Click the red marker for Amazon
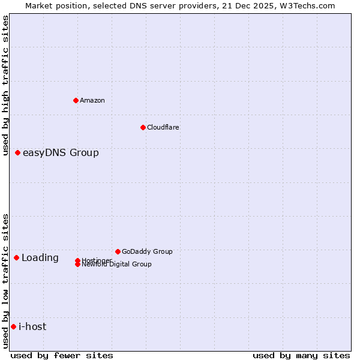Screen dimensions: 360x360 coord(76,100)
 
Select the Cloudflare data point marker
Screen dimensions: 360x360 coord(143,127)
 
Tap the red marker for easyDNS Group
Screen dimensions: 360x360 coord(18,153)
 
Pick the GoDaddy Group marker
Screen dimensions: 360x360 coord(118,251)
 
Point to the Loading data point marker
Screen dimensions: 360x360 coord(17,257)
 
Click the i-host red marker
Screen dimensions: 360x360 coord(14,326)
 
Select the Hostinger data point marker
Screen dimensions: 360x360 coord(78,260)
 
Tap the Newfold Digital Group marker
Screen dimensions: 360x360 coord(78,264)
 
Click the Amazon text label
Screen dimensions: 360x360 coord(92,100)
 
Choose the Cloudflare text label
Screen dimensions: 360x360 coord(163,127)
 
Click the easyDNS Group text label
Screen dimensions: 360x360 coord(61,153)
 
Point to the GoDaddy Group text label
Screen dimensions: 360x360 coord(147,251)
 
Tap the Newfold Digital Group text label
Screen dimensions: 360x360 coord(116,264)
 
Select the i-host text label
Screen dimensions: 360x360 coord(32,326)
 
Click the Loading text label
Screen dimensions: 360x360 coord(40,258)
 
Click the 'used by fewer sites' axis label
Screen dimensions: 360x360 coord(62,355)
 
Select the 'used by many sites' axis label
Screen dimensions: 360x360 coord(301,355)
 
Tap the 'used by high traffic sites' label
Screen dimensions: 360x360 coord(6,85)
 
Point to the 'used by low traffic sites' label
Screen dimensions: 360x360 coord(6,281)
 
